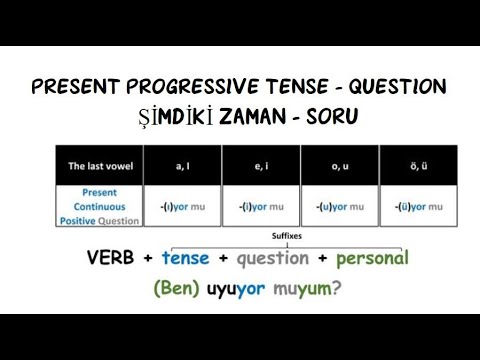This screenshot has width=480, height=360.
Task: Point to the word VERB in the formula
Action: tap(113, 258)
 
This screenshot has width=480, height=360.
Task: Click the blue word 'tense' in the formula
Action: tap(185, 258)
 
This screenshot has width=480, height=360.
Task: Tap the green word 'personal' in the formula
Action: tap(372, 258)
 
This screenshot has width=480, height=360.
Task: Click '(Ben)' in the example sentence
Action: tap(177, 291)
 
